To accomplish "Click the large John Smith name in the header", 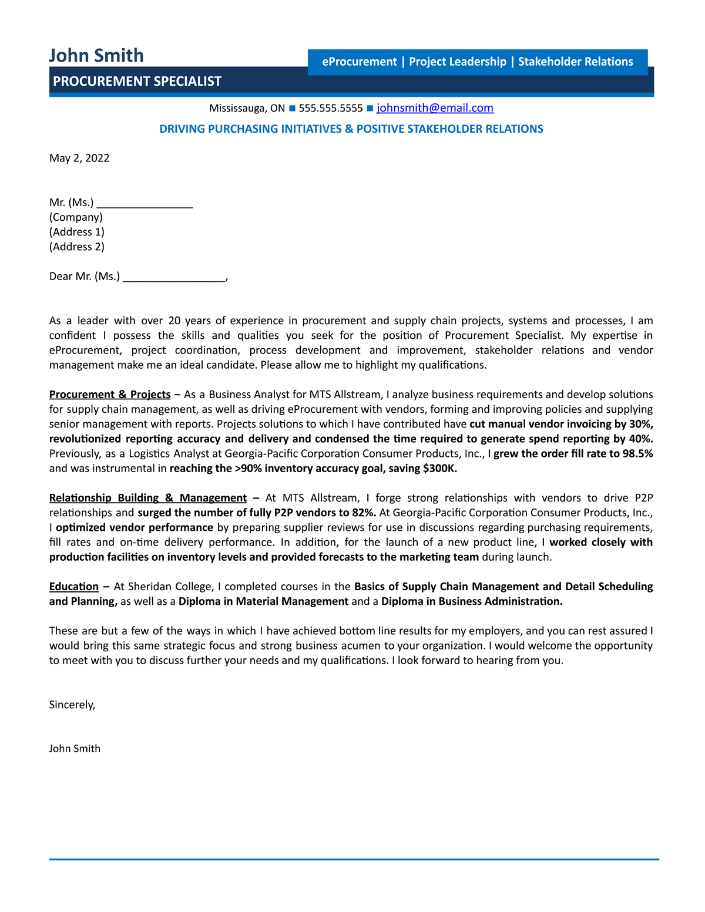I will tap(96, 55).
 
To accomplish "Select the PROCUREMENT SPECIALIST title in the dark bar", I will tap(137, 82).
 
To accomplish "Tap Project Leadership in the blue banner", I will tap(457, 62).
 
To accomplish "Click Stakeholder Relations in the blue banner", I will tap(575, 62).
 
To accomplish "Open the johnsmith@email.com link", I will tap(435, 108).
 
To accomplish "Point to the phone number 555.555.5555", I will tap(331, 108).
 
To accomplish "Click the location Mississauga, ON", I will tap(247, 108).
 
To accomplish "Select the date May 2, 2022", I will tap(79, 158).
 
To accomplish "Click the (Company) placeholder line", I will tap(76, 217).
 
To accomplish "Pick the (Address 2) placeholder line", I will tap(77, 247).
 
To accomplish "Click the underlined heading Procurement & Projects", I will tap(110, 395).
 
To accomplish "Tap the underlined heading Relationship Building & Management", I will tap(147, 498).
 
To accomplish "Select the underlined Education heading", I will tap(74, 587).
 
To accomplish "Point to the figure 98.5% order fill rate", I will tap(637, 453).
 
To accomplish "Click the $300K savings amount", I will tap(439, 469).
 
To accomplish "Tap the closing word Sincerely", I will tap(72, 705).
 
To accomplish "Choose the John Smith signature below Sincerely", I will tap(75, 749).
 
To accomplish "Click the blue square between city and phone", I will tap(292, 108).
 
